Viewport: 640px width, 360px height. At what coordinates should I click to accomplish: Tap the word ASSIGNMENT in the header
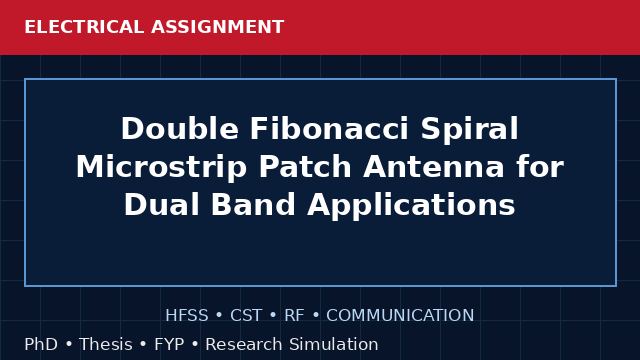pos(217,27)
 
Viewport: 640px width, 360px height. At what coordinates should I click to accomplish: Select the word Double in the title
pos(180,129)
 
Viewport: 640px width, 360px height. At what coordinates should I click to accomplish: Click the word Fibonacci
pos(329,129)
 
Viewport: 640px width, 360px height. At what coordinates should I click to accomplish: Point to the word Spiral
pos(469,130)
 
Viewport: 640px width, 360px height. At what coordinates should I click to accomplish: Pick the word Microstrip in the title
pos(161,168)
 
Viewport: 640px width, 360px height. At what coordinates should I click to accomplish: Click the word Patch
pos(305,167)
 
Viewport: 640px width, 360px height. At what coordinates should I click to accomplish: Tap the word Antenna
pos(433,167)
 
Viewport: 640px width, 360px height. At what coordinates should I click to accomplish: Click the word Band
pos(253,204)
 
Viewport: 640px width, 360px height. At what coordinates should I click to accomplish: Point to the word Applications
pos(411,205)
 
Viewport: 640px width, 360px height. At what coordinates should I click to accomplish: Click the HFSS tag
pos(187,316)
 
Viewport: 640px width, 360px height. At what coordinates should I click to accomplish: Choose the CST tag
pos(246,316)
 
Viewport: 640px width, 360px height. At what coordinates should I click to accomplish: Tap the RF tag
pos(294,316)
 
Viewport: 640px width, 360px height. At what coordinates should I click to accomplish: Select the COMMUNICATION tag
pos(400,316)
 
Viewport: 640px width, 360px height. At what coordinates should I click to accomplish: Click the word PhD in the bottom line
pos(41,344)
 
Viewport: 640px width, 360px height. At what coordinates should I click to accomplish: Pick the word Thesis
pos(106,344)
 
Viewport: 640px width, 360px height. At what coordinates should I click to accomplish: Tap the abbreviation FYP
pos(169,344)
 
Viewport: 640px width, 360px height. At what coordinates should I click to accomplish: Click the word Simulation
pos(334,344)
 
